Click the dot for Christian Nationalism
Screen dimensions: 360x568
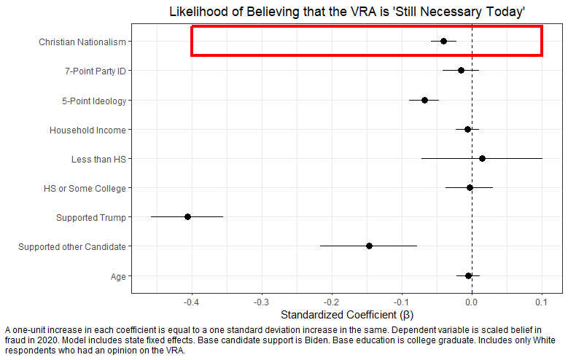point(443,41)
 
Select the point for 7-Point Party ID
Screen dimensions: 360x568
point(461,70)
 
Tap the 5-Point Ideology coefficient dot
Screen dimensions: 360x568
point(424,99)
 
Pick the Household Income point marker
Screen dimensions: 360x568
point(467,129)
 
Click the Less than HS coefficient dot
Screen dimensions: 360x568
point(482,158)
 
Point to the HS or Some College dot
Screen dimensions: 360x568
point(470,187)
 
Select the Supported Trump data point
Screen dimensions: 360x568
point(187,216)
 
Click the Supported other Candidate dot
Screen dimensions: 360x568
point(369,246)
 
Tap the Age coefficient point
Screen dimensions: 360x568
point(468,275)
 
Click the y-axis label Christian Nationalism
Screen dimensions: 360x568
point(82,42)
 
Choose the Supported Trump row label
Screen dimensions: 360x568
point(91,218)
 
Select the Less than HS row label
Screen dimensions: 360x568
point(98,160)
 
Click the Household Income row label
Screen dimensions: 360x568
point(87,130)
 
